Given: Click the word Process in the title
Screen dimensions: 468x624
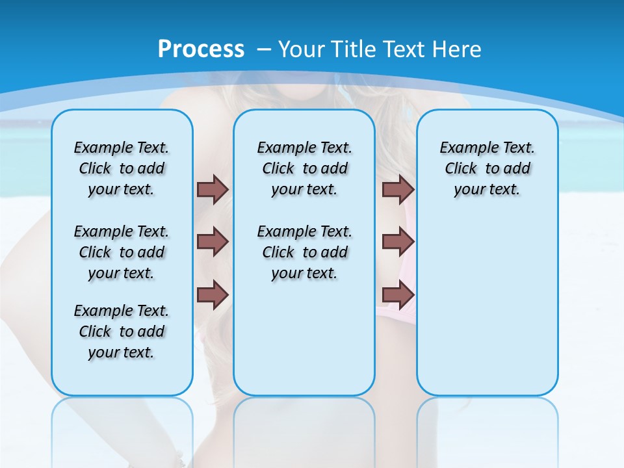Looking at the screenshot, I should (201, 49).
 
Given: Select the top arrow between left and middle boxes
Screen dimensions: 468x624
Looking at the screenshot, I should (213, 189).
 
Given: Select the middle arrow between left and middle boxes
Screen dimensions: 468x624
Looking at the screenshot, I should (213, 242).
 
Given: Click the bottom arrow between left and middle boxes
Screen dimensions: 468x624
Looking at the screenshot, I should (213, 294).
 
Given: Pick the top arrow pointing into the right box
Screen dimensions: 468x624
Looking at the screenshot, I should (398, 189).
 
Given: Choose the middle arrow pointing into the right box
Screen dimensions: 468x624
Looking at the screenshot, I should (398, 242).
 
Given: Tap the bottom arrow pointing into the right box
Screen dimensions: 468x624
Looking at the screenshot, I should (398, 294).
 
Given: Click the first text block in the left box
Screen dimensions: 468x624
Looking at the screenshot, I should (122, 168).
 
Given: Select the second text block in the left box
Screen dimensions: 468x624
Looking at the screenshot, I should (122, 252).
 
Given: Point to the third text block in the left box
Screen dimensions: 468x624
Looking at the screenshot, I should (122, 331).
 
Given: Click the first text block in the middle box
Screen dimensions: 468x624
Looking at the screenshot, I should (304, 168).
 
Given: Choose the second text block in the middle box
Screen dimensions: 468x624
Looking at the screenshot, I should (304, 252).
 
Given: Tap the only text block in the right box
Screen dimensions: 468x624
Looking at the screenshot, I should (487, 168).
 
